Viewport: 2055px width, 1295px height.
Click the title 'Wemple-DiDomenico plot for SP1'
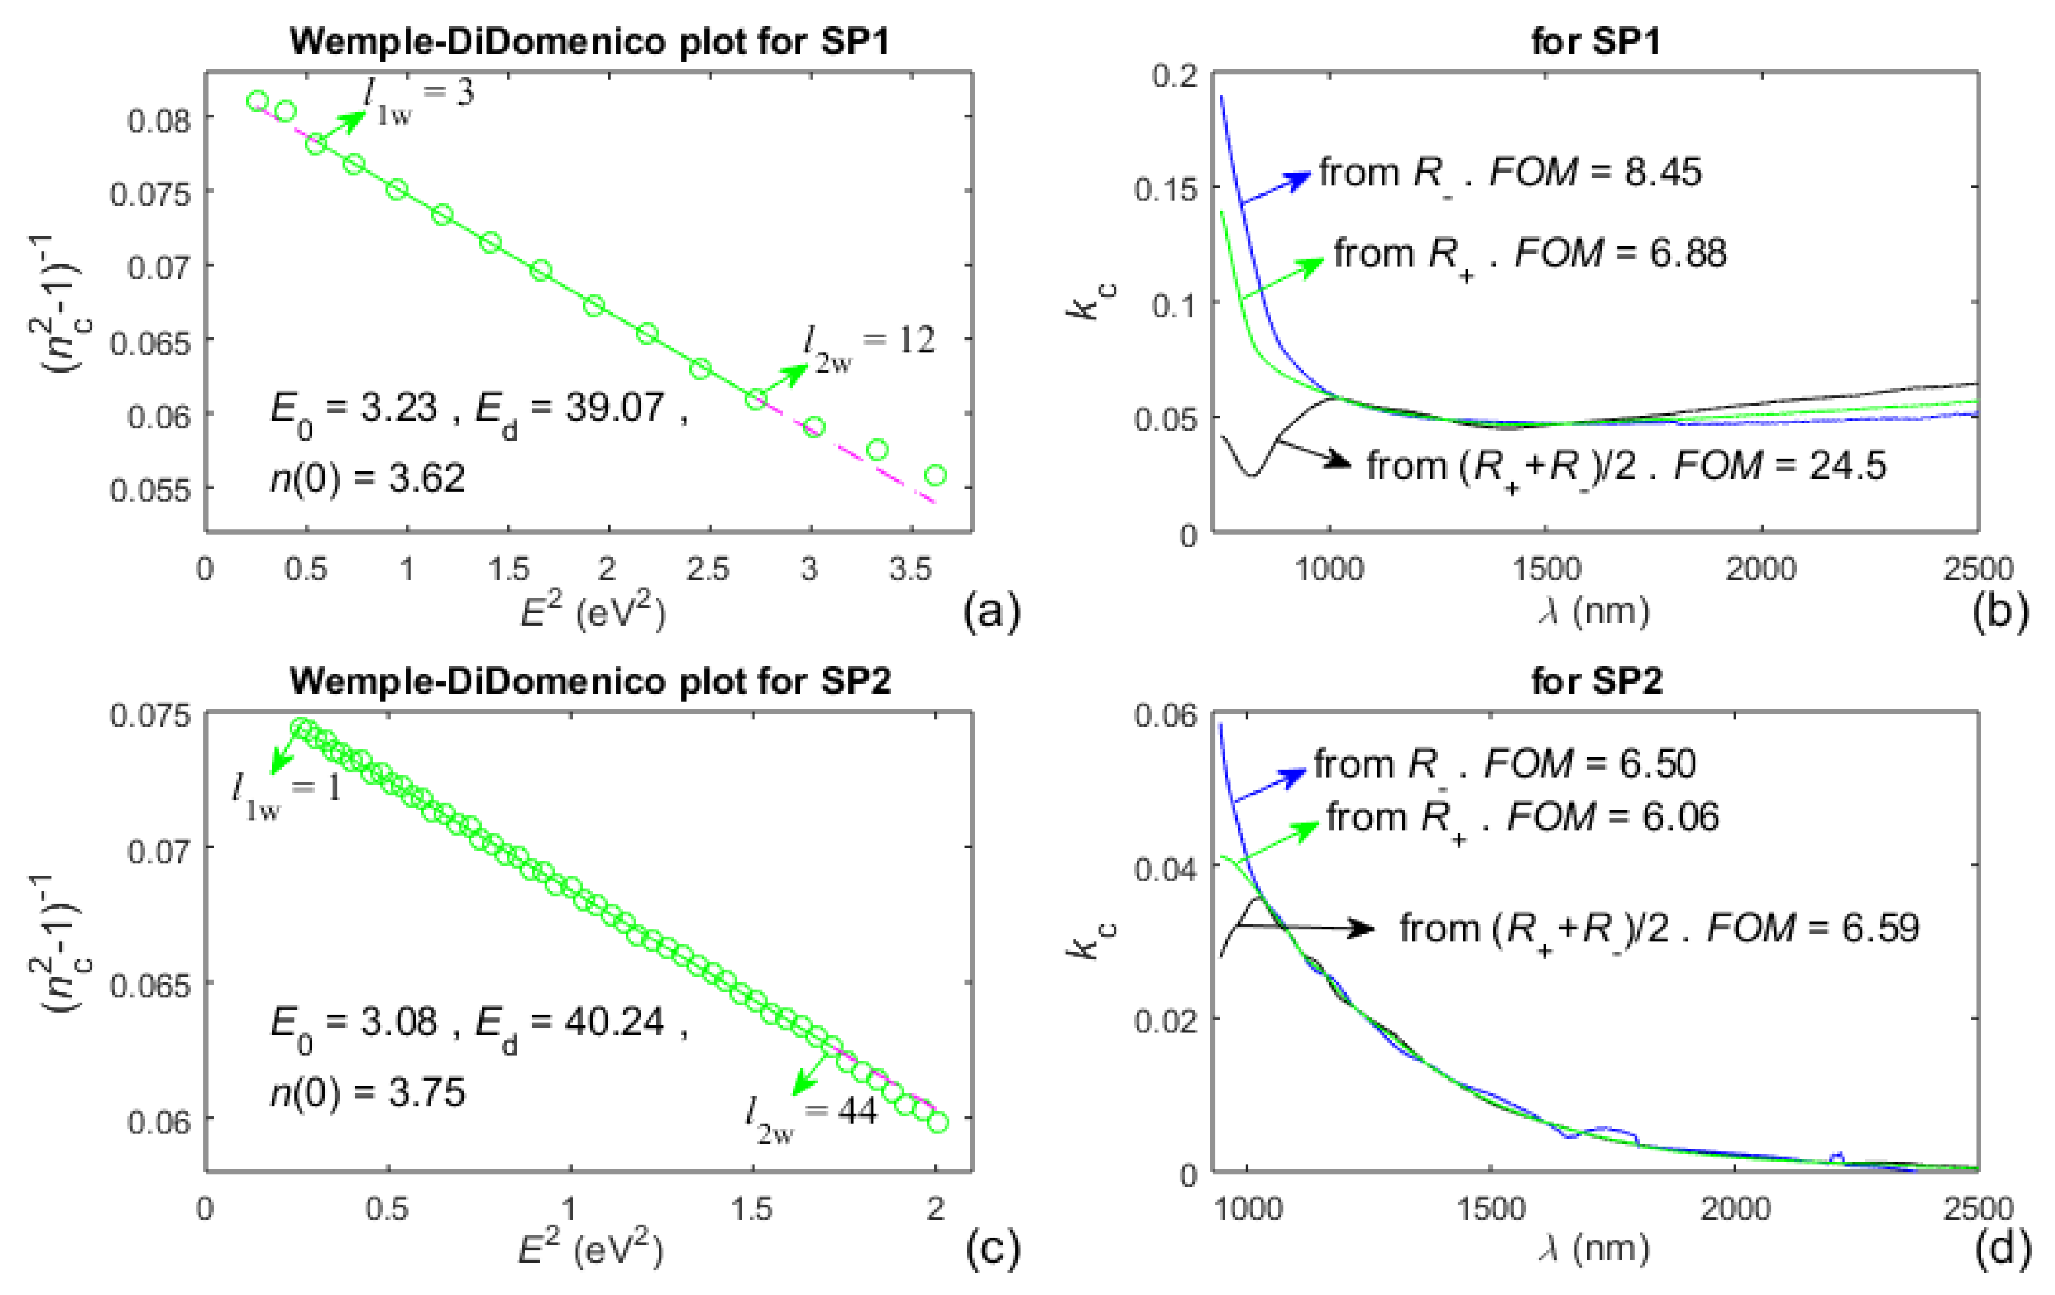coord(590,41)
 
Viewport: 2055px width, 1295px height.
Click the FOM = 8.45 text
coord(1595,172)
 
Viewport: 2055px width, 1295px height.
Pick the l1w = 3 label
coord(418,96)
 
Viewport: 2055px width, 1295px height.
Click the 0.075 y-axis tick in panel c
coord(150,716)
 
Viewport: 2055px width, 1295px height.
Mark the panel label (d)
coord(2001,1249)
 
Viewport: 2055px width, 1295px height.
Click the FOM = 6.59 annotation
coord(1813,928)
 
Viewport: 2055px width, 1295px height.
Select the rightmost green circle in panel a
coord(934,475)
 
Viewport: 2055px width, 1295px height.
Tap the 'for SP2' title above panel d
coord(1596,681)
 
